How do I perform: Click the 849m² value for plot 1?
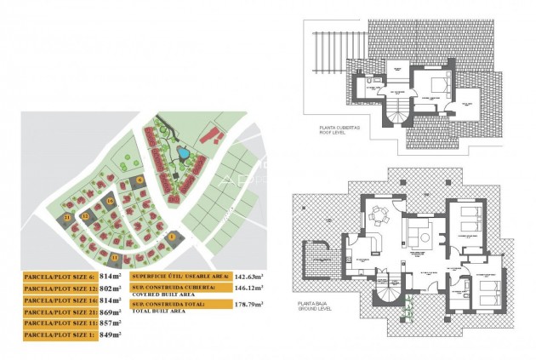coord(108,335)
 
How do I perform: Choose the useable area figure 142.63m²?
coord(248,277)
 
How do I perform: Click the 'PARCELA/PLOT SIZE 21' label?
coord(58,312)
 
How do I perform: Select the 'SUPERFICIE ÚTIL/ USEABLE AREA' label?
coord(180,277)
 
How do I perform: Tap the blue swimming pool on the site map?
coord(183,154)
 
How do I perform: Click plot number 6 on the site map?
coord(140,180)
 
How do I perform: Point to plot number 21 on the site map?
coord(67,218)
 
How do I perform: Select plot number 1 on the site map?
coord(171,237)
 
